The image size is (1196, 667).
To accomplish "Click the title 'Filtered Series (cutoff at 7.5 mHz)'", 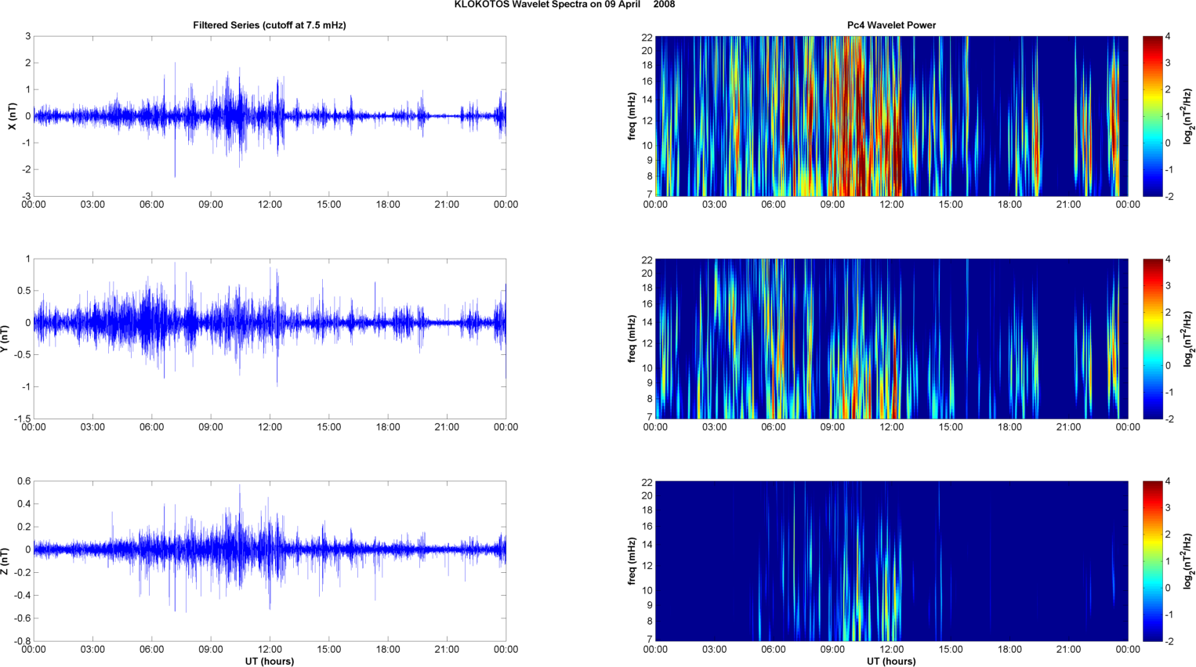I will (x=270, y=25).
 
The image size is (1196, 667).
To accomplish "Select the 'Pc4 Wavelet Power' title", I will (x=891, y=25).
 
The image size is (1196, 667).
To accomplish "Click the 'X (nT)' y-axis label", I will (x=12, y=116).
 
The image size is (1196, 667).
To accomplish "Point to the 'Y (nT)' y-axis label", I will (x=5, y=338).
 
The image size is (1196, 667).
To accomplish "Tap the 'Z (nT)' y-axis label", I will (x=5, y=561).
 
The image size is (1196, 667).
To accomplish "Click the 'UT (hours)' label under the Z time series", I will (x=270, y=662).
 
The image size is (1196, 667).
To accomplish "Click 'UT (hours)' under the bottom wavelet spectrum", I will (x=891, y=662).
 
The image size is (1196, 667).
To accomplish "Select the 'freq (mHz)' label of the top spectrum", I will (x=632, y=116).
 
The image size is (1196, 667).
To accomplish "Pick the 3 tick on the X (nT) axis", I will (x=27, y=37).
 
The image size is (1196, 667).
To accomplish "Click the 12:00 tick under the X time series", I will (x=270, y=205).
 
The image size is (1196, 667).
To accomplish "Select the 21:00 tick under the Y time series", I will (x=447, y=427).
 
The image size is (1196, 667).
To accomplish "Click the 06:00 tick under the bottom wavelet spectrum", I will (x=773, y=650).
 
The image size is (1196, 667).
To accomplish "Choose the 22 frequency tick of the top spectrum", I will (x=647, y=38).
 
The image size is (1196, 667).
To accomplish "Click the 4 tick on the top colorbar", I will (x=1168, y=37).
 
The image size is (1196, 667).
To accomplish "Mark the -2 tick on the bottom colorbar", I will (x=1169, y=641).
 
